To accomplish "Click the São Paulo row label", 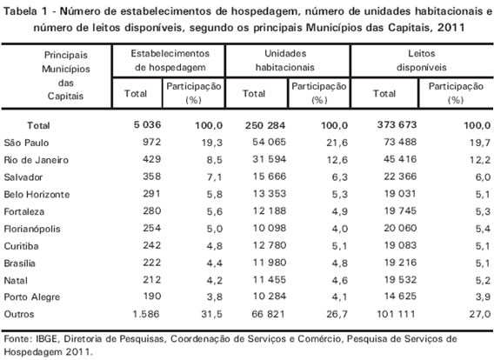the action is [26, 143].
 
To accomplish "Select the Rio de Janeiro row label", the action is [36, 160].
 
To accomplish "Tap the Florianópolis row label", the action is [32, 229].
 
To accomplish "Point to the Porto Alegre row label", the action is [32, 297].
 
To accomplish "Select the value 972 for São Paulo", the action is [151, 142].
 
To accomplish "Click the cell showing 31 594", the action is [269, 159].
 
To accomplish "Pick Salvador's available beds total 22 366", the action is [400, 177].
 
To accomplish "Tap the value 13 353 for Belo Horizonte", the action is [269, 193].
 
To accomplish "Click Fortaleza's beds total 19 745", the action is [400, 210].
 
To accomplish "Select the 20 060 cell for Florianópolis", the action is [400, 228].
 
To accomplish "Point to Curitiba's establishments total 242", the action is [151, 245].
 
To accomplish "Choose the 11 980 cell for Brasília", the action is [269, 263].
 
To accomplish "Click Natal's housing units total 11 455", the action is [269, 280].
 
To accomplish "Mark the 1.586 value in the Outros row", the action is [146, 314].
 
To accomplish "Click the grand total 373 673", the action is [397, 124].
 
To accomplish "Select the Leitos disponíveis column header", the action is [422, 60].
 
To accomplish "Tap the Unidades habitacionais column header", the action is [285, 60].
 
